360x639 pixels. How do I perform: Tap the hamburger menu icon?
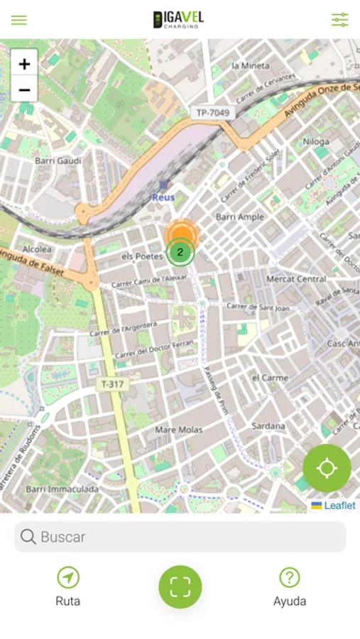tap(19, 20)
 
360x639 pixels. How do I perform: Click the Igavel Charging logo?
tap(178, 20)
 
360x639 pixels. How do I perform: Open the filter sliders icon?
tap(340, 20)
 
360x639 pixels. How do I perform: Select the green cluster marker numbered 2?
tap(180, 252)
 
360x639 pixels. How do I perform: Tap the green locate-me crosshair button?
tap(327, 469)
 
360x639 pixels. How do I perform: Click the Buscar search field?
tap(180, 537)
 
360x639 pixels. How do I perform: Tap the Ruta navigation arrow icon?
tap(68, 577)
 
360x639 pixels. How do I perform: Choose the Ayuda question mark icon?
tap(290, 577)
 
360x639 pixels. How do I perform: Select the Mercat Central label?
tap(296, 279)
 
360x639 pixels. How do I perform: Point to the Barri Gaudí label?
tap(58, 160)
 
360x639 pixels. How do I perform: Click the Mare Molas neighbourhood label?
tap(178, 430)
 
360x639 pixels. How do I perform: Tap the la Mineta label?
tap(251, 65)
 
